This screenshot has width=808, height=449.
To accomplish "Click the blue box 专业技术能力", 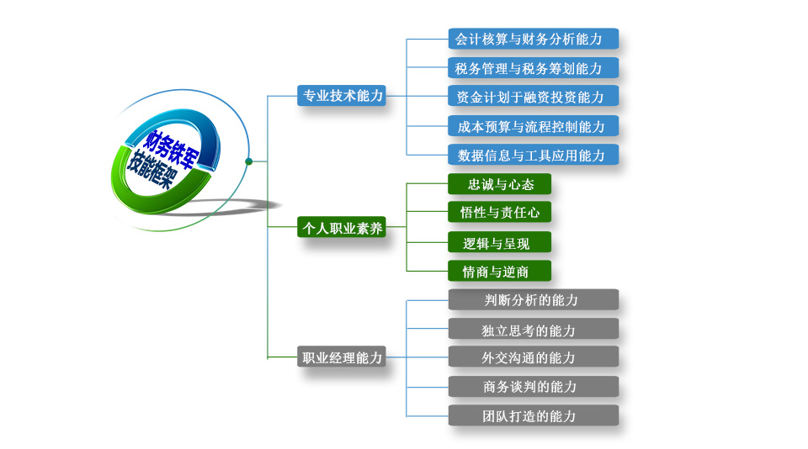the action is click(342, 96).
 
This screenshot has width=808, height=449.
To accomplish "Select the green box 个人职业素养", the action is click(342, 227).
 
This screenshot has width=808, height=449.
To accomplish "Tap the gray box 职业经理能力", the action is click(342, 357).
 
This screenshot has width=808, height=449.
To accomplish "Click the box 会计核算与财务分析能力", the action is click(534, 39).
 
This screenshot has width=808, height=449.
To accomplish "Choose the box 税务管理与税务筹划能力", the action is click(534, 67).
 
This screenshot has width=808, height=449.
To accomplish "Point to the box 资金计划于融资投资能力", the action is click(534, 97).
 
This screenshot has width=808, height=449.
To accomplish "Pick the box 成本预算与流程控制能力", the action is click(534, 126).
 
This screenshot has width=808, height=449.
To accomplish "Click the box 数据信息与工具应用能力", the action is click(534, 155).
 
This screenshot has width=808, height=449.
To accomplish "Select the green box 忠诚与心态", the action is click(500, 184).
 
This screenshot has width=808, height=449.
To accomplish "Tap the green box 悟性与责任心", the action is click(500, 212).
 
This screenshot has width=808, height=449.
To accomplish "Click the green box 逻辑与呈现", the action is click(500, 242).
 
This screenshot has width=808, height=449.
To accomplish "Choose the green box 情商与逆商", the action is click(500, 271).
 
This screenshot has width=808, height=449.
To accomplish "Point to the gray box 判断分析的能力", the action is click(534, 299).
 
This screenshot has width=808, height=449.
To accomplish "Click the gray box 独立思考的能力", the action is click(534, 329).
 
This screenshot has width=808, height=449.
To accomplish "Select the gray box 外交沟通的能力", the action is click(534, 357).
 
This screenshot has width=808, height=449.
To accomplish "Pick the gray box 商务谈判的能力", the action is click(534, 387).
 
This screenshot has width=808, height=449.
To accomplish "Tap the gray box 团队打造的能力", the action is click(534, 415).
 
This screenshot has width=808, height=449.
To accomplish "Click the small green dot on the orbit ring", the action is click(249, 161).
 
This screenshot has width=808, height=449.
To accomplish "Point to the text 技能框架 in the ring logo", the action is click(152, 170).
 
